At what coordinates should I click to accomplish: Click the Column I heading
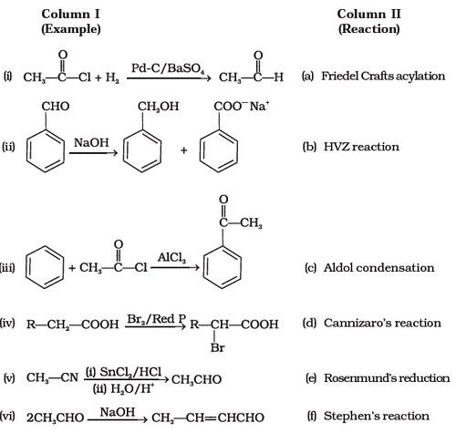(x=70, y=22)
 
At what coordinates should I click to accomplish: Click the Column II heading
(x=368, y=22)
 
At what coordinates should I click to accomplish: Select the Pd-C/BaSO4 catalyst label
(x=168, y=68)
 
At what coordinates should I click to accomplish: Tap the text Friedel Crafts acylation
(x=383, y=76)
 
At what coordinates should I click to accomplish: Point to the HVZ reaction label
(x=361, y=147)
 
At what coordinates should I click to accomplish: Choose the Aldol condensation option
(x=378, y=268)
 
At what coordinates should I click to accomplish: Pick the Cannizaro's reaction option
(x=382, y=323)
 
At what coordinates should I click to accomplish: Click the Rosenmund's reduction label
(x=387, y=378)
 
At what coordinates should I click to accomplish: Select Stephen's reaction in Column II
(x=377, y=416)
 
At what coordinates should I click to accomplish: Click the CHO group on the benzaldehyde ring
(x=56, y=107)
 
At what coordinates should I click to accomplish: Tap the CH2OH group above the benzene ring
(x=158, y=107)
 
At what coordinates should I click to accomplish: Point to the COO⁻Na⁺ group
(x=242, y=107)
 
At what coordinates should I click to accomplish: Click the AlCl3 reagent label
(x=171, y=258)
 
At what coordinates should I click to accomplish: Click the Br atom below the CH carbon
(x=217, y=347)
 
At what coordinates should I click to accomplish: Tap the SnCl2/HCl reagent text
(x=123, y=372)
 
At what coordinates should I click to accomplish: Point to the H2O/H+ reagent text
(x=123, y=388)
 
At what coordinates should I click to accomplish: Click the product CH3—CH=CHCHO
(x=208, y=418)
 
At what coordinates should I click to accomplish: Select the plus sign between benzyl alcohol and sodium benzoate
(x=183, y=150)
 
